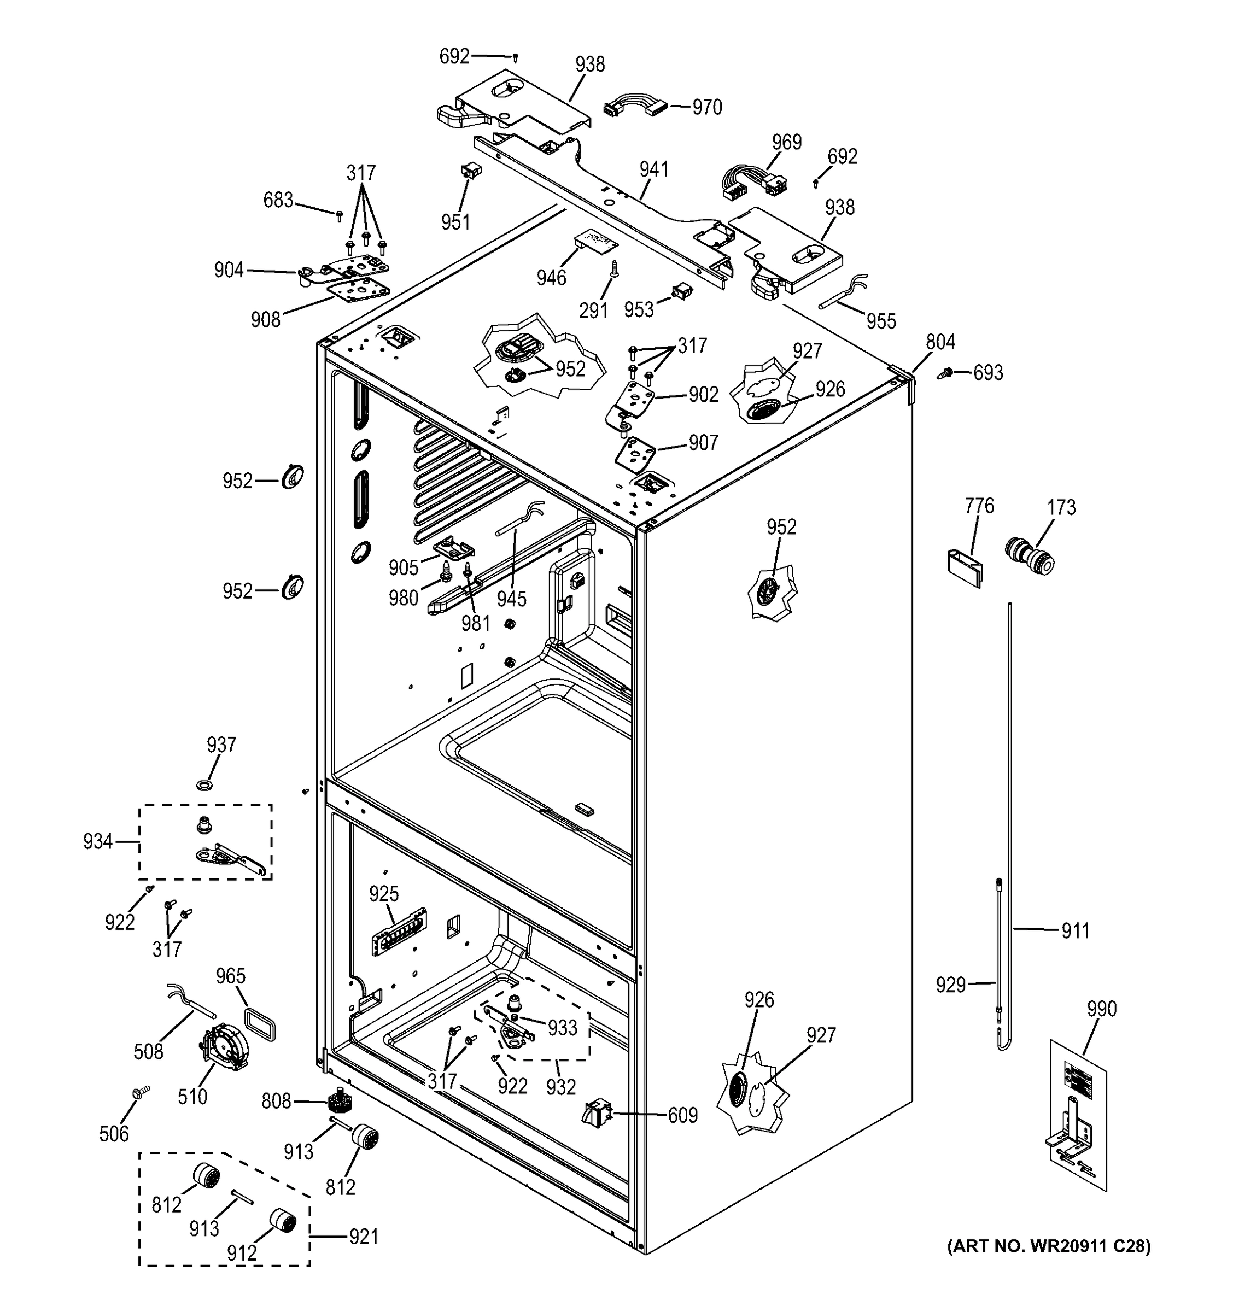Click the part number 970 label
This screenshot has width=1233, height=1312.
tap(706, 107)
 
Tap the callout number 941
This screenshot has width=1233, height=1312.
tap(653, 169)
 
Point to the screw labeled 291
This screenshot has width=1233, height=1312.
tap(614, 270)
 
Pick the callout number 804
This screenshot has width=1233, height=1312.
tap(940, 342)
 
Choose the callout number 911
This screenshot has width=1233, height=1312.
tap(1074, 931)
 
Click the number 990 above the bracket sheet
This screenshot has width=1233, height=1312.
tap(1101, 1009)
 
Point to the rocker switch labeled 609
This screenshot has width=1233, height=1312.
tap(597, 1114)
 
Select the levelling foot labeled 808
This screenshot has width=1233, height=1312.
tap(341, 1100)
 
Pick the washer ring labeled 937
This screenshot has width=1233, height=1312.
tap(204, 784)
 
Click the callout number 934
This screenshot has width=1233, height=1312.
tap(98, 841)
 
